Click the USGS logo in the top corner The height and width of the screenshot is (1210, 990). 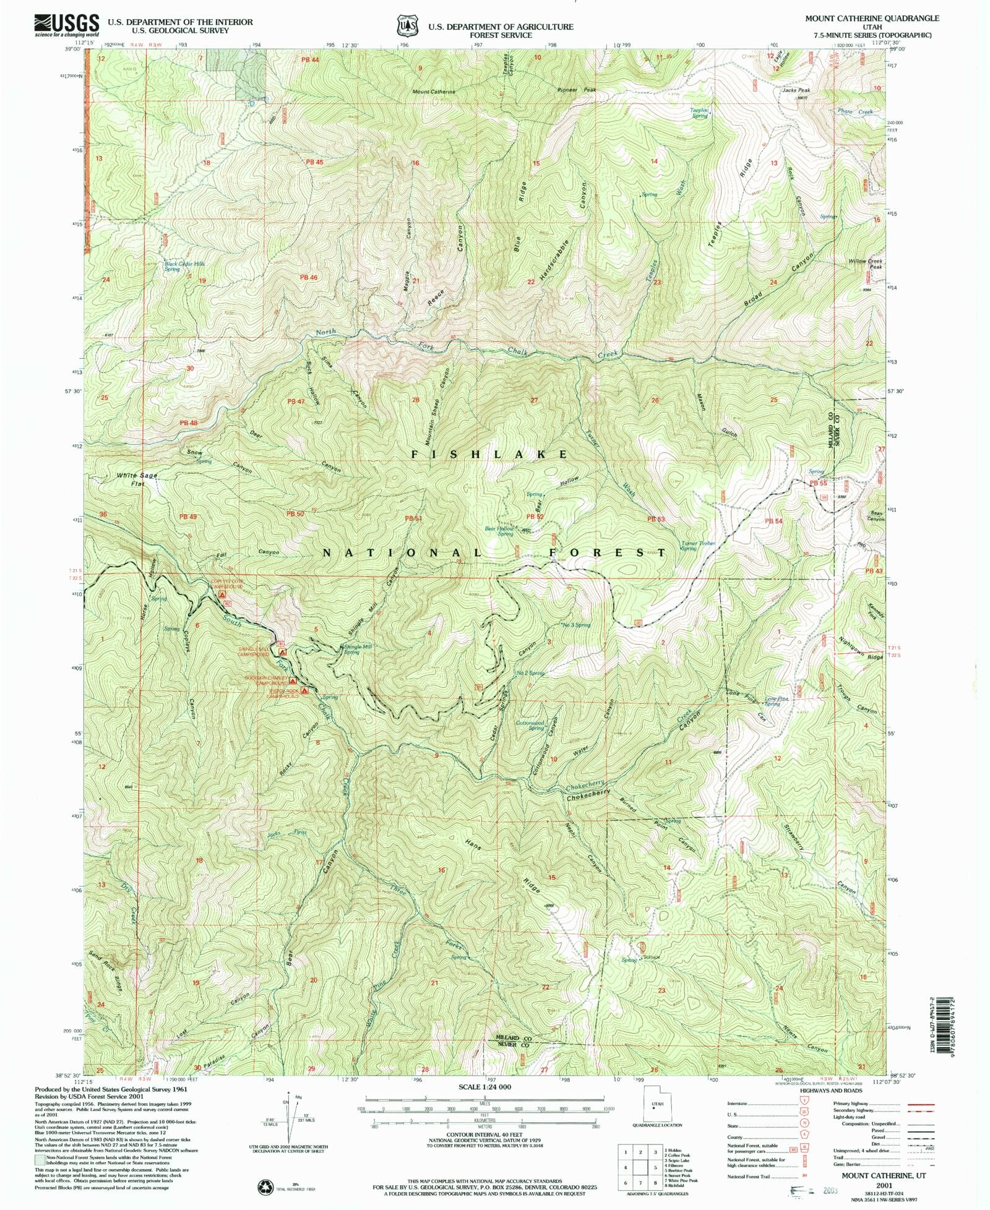click(66, 25)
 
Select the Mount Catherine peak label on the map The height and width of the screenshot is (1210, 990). click(434, 92)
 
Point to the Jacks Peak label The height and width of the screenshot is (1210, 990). click(796, 90)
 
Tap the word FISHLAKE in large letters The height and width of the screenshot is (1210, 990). click(489, 454)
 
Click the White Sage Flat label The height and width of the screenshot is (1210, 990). click(137, 479)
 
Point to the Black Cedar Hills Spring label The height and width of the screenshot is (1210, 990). click(184, 266)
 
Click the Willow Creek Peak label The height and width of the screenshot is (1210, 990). click(866, 264)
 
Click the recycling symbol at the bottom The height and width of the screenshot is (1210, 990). click(265, 1186)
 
